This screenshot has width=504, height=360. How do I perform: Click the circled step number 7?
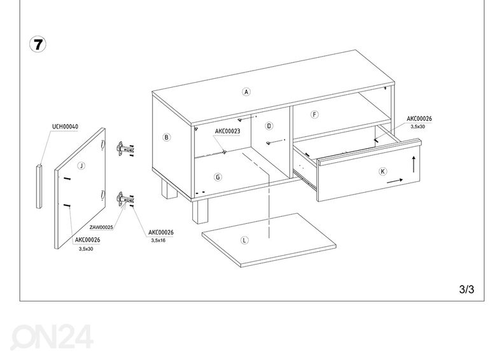(x=38, y=45)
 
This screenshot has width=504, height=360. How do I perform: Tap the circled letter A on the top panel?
(x=246, y=92)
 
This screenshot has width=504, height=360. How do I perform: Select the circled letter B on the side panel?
(x=166, y=137)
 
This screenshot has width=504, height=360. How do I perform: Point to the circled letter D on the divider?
(x=269, y=126)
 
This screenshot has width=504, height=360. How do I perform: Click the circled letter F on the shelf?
(x=314, y=114)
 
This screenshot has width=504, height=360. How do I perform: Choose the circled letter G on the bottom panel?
(x=218, y=177)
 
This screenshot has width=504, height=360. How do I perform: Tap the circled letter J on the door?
(x=81, y=166)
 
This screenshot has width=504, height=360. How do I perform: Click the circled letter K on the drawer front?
(x=382, y=171)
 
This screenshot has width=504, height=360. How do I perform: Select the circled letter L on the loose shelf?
(x=244, y=240)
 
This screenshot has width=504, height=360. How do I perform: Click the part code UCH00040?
(x=65, y=127)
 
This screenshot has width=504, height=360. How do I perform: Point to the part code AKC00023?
(x=228, y=131)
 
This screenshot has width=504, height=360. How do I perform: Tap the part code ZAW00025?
(x=101, y=227)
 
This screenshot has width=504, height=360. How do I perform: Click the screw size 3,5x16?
(x=158, y=240)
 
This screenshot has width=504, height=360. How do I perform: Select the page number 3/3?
(x=466, y=289)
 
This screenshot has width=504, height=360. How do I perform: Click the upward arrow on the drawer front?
(x=414, y=164)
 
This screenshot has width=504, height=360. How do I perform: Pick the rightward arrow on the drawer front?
(x=395, y=181)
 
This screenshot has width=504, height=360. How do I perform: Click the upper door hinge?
(x=124, y=149)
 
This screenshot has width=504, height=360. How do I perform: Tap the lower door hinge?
(x=125, y=199)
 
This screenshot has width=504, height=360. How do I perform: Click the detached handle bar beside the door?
(x=39, y=186)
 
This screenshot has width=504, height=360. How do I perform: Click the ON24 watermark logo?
(x=52, y=336)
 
